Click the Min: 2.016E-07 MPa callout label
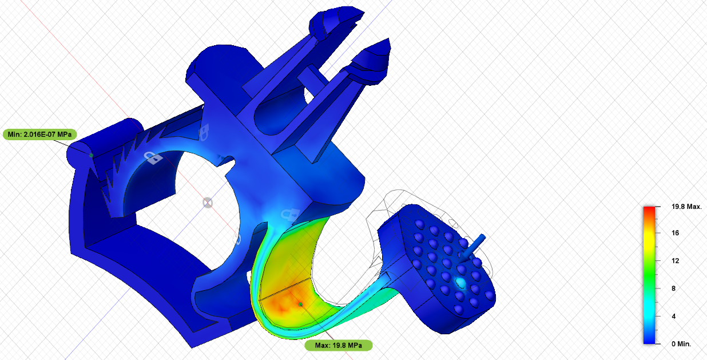click(40, 134)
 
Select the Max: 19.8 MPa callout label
click(339, 345)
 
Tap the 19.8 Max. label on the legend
click(686, 207)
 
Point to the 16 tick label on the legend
click(675, 233)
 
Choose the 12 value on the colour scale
click(675, 261)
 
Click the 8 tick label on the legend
click(674, 288)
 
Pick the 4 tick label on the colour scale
click(674, 316)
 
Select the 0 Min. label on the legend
click(681, 344)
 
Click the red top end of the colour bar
click(649, 209)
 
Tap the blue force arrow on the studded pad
click(472, 248)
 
